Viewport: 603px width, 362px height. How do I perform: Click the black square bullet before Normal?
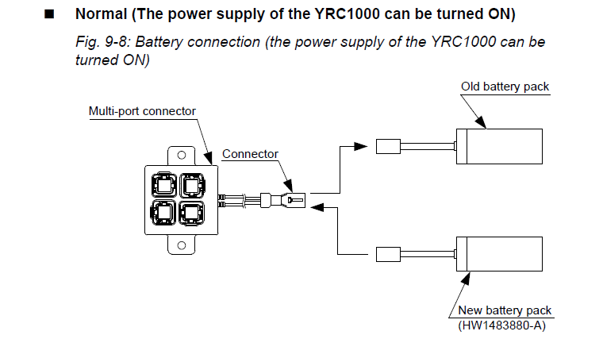tap(49, 15)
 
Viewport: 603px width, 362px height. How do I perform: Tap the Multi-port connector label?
tap(142, 111)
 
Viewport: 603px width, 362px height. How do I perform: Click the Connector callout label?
tap(250, 153)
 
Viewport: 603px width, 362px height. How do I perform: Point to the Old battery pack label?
tap(505, 86)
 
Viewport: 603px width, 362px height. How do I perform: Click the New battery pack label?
tap(505, 310)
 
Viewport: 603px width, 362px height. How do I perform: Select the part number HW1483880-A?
tap(501, 325)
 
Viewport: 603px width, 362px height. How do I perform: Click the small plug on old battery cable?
tap(389, 146)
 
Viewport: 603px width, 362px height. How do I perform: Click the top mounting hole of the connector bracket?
tap(180, 155)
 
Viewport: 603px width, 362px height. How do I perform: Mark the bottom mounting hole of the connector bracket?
tap(180, 246)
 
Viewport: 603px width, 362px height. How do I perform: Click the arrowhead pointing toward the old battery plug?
tap(362, 146)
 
